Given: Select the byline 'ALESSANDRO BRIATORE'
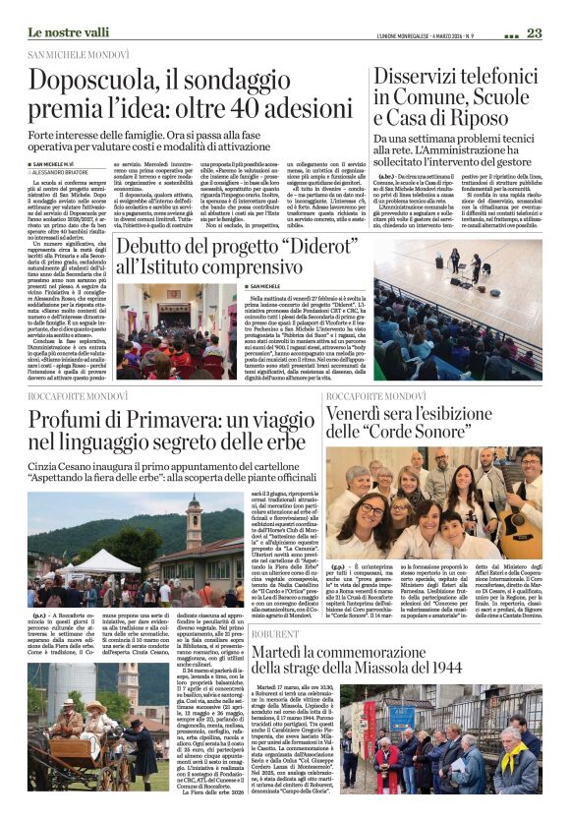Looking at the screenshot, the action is pos(68,171).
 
